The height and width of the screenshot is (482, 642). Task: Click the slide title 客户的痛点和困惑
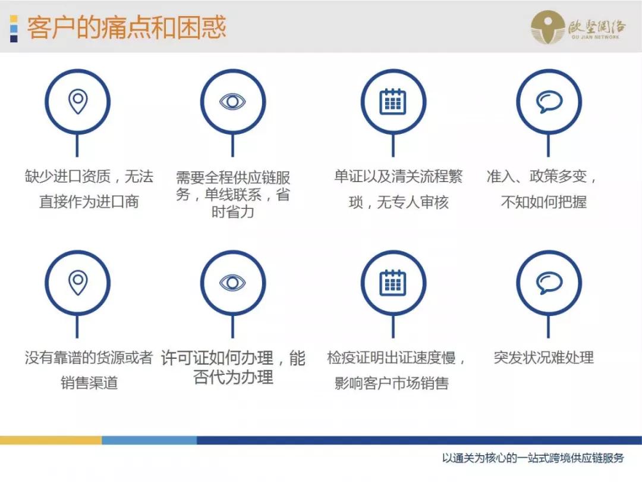coord(126,28)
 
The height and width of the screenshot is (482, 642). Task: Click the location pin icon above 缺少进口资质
coord(77,102)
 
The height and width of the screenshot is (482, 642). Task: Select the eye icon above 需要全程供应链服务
coord(232,102)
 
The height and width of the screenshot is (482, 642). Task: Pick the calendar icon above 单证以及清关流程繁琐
coord(393,102)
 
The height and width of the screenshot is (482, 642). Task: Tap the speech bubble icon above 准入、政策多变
coord(548,102)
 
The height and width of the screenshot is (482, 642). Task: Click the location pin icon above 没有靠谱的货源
coord(77,283)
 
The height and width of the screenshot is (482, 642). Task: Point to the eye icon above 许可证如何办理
coord(232,283)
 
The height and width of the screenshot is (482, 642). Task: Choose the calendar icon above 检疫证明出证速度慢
coord(393,283)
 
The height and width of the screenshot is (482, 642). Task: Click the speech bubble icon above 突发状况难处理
coord(548,283)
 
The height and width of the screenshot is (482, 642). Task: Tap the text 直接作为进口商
coord(89,202)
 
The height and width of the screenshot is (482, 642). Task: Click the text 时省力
coord(232,211)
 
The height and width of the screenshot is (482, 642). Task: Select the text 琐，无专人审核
coord(398,202)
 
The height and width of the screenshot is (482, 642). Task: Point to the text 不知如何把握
coord(543,202)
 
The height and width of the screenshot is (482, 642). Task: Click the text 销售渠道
coord(89,383)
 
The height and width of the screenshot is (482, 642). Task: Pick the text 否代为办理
coord(233,377)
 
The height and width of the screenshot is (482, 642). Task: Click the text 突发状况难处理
coord(543,358)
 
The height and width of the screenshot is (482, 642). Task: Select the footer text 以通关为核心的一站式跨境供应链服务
coord(533,458)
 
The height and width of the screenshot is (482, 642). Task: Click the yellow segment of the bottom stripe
coord(51,440)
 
